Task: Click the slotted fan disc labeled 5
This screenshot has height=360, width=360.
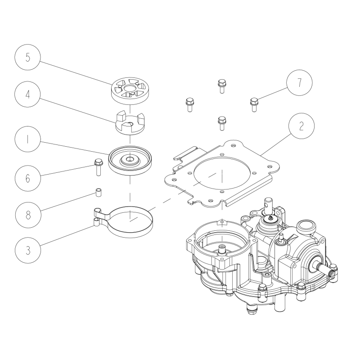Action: [129, 89]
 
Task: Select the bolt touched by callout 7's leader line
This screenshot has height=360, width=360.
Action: [253, 104]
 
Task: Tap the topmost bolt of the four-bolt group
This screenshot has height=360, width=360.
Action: [221, 85]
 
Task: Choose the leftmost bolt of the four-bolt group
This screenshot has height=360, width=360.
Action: [189, 104]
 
